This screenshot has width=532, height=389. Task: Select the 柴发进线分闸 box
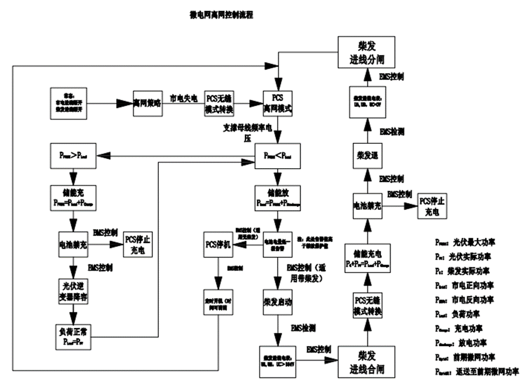365,52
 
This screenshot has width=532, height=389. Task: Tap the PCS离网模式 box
278,103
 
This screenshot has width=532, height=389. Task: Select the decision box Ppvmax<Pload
279,155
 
